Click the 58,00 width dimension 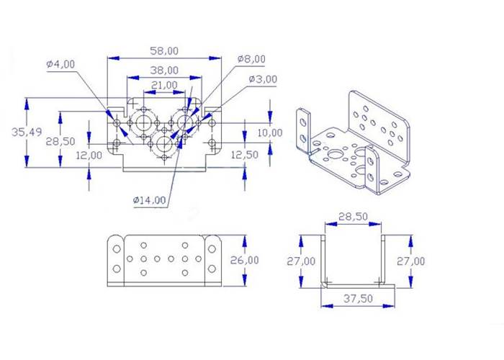164,51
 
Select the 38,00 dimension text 164,71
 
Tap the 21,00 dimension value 164,85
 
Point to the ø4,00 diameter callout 60,64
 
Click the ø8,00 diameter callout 251,59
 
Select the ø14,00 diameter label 149,199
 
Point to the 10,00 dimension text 270,133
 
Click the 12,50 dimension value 244,155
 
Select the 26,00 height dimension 243,259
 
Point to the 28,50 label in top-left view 60,141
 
